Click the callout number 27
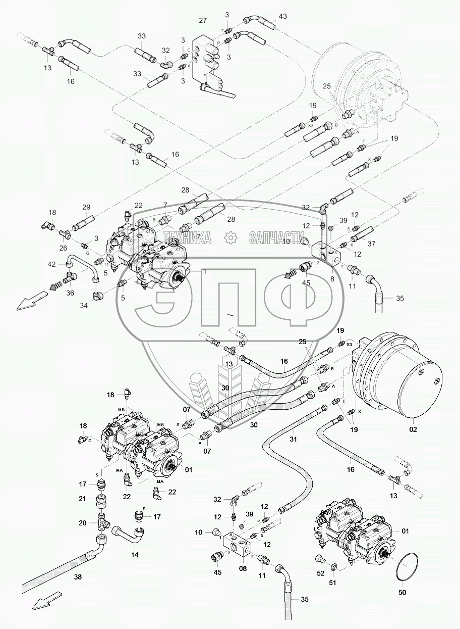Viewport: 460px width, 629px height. [203, 20]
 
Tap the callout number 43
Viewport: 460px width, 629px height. [282, 17]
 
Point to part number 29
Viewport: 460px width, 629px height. [86, 207]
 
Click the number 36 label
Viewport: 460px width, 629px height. [70, 292]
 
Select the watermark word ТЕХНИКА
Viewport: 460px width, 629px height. [187, 238]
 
